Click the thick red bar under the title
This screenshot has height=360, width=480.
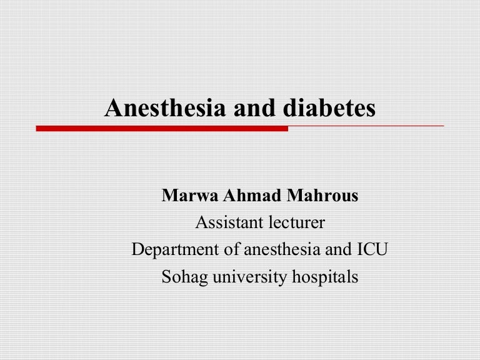(x=162, y=129)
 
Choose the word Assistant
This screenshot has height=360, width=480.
(x=226, y=223)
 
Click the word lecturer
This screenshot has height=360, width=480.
(x=294, y=223)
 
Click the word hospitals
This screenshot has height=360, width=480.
(x=325, y=276)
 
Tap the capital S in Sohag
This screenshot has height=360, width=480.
(x=166, y=276)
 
